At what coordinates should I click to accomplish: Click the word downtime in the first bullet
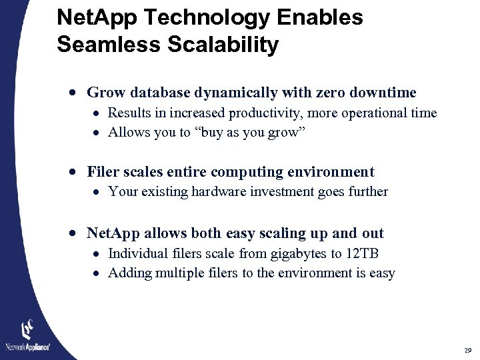[383, 93]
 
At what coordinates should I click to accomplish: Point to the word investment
[293, 192]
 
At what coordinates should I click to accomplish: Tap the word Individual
[135, 253]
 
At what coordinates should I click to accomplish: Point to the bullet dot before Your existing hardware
[97, 192]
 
